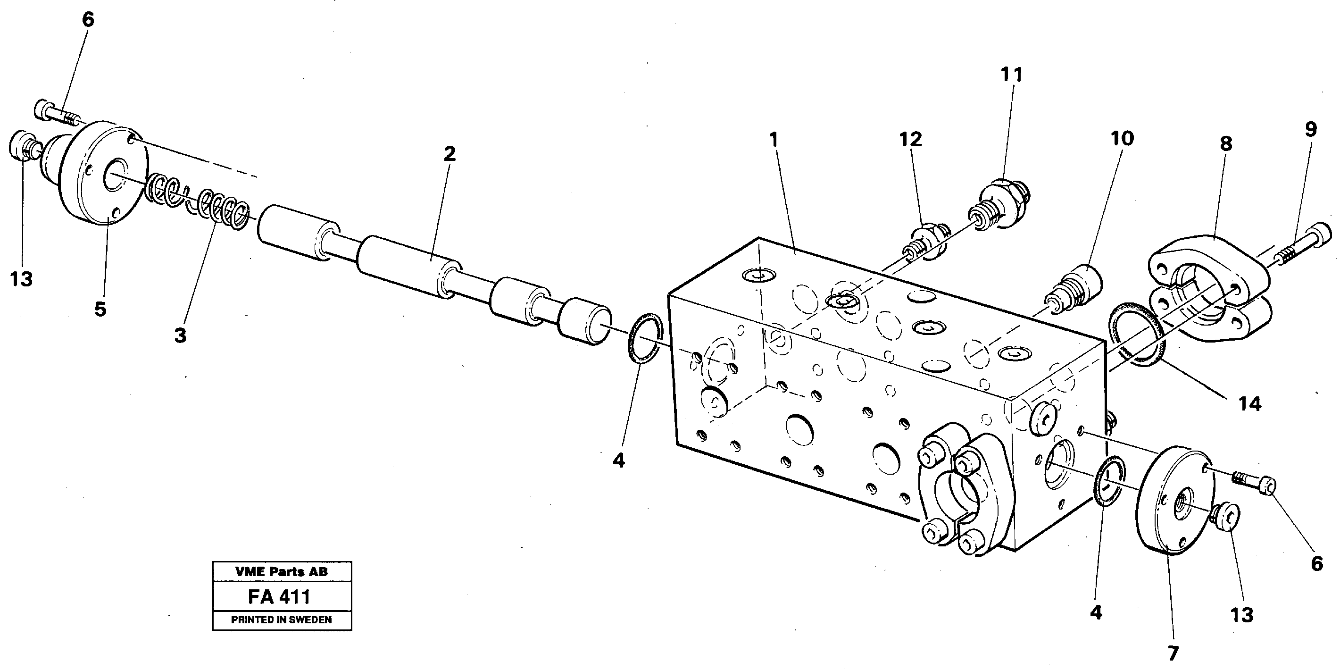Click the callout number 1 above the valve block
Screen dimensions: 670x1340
pos(774,140)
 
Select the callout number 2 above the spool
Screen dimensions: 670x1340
pos(449,153)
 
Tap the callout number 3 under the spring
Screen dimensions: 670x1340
pos(180,335)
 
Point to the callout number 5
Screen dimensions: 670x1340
pos(100,309)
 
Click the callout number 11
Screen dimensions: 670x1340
pos(1012,75)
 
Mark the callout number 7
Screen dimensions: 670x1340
pos(1173,653)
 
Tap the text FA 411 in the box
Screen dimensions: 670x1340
pos(279,597)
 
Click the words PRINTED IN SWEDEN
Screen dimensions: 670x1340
pos(282,620)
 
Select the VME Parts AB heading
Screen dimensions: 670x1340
pos(282,572)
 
